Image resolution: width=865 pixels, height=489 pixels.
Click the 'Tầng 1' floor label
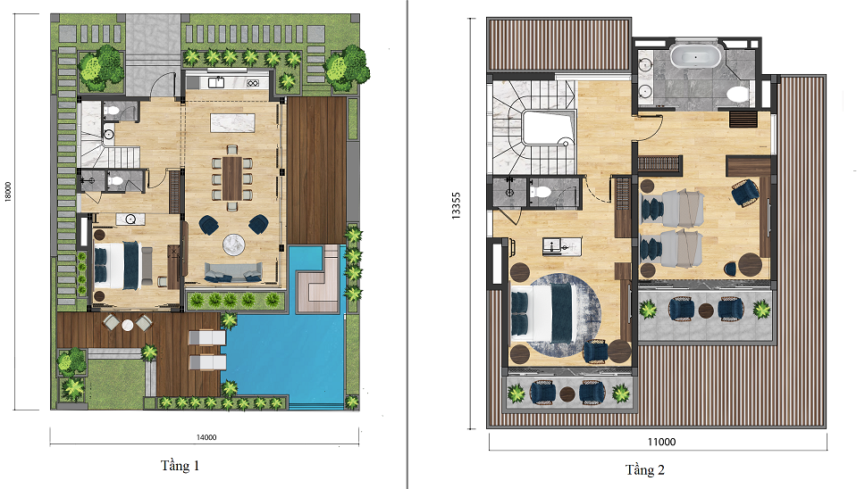(180, 466)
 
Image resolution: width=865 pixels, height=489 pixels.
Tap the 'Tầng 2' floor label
(645, 469)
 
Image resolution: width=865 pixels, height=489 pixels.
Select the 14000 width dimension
(206, 437)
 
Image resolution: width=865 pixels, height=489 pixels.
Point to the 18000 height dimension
(8, 192)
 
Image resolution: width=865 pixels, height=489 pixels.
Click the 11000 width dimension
(661, 442)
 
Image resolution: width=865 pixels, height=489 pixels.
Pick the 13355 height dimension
(457, 205)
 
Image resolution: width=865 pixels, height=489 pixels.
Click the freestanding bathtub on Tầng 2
(695, 57)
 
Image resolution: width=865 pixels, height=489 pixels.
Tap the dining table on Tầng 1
(232, 178)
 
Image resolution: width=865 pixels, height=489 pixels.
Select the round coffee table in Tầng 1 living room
(233, 244)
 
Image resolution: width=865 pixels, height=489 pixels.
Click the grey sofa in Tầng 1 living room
(233, 272)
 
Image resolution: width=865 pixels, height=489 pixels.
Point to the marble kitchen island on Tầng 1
(232, 122)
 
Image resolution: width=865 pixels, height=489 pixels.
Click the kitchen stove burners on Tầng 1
(253, 83)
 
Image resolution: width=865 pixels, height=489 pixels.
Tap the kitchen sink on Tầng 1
(215, 83)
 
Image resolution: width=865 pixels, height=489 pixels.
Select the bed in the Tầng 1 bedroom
(117, 265)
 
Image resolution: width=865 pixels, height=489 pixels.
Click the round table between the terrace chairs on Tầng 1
(128, 325)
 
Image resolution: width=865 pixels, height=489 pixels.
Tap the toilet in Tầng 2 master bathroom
(738, 95)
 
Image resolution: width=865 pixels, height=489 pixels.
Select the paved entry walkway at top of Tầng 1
(153, 55)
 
